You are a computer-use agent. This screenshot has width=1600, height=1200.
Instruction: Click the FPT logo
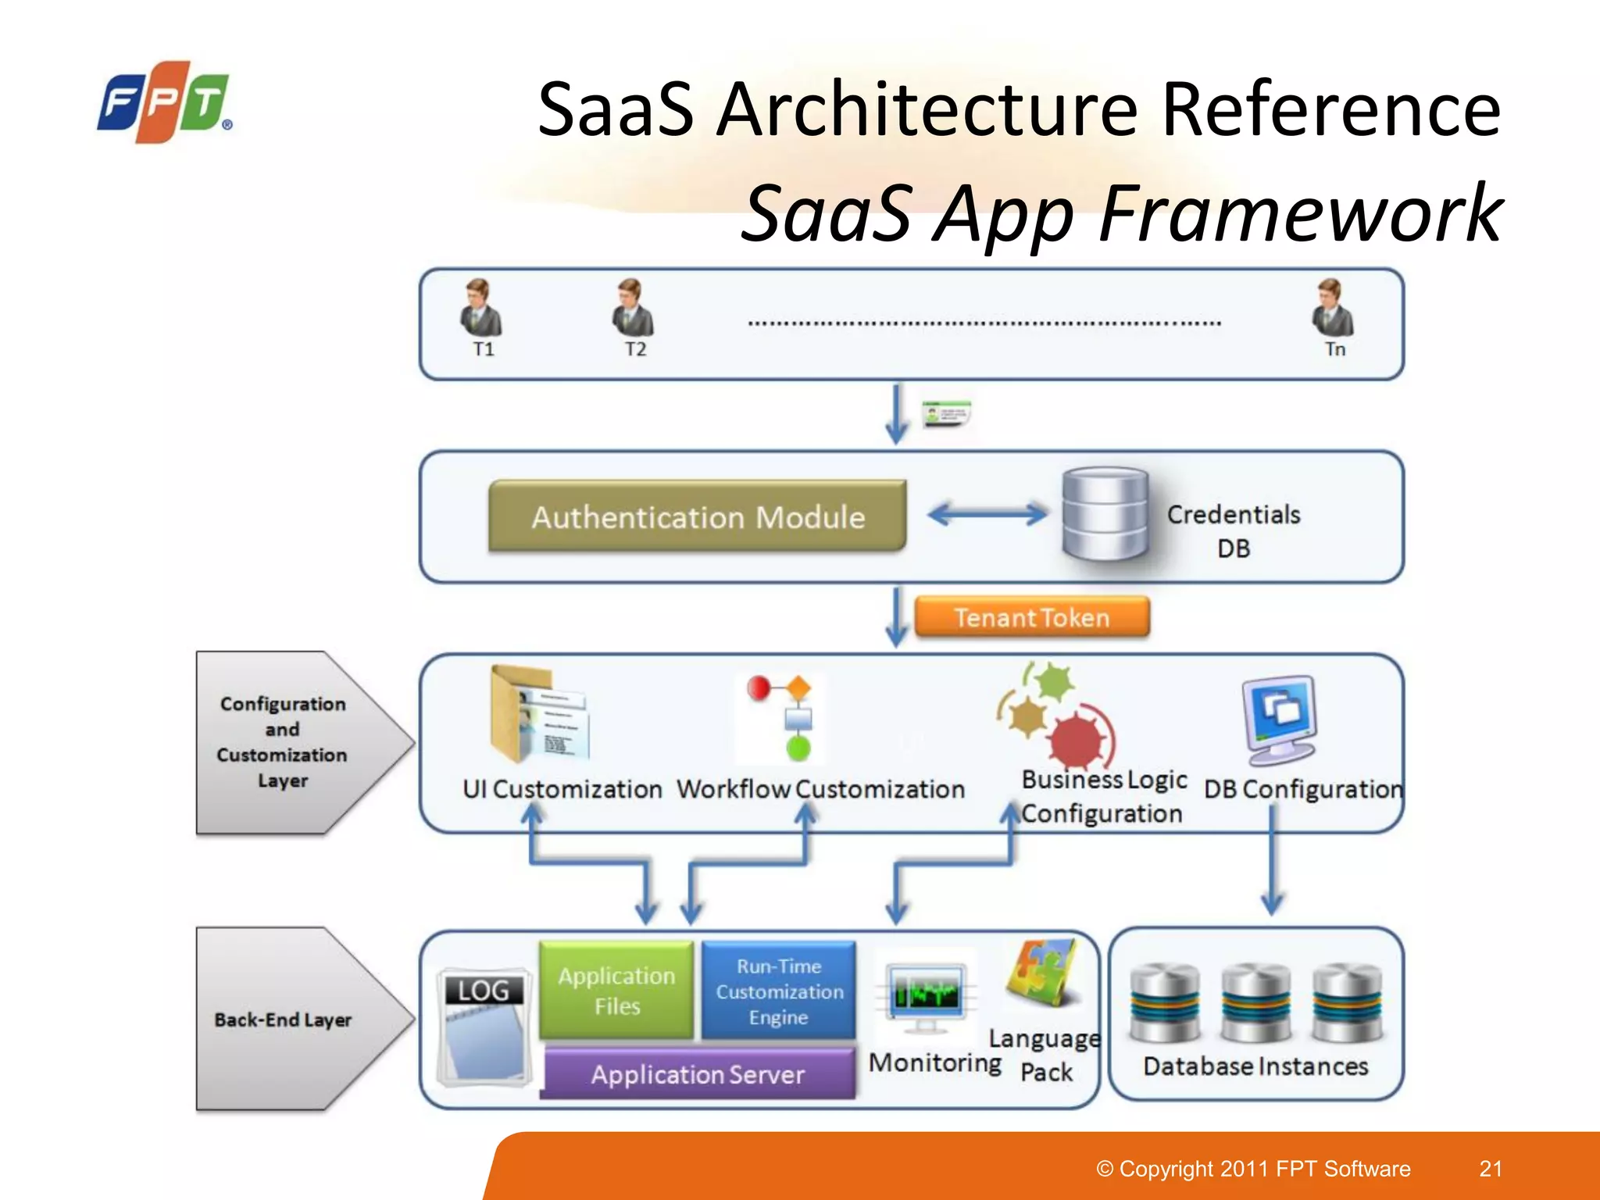click(x=164, y=102)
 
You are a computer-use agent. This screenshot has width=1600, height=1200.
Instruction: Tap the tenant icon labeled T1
click(x=480, y=309)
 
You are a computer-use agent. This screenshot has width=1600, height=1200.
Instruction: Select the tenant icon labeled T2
click(x=632, y=309)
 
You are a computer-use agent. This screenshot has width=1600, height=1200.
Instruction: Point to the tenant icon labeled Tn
click(x=1332, y=309)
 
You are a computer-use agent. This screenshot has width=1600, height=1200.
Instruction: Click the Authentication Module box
click(x=697, y=516)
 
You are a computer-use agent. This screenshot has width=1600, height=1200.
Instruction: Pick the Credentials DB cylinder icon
click(x=1105, y=513)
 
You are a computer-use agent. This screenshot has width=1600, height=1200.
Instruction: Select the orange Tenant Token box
click(x=1031, y=617)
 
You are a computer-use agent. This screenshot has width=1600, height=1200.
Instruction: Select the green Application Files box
click(x=616, y=990)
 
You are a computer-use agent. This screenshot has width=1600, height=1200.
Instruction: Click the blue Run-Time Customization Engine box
click(x=779, y=991)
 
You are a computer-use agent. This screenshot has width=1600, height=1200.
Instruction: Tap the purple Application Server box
click(x=698, y=1074)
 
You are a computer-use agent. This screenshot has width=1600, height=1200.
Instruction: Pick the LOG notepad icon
click(x=484, y=1027)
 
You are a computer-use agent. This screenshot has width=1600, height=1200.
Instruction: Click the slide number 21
click(x=1491, y=1168)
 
